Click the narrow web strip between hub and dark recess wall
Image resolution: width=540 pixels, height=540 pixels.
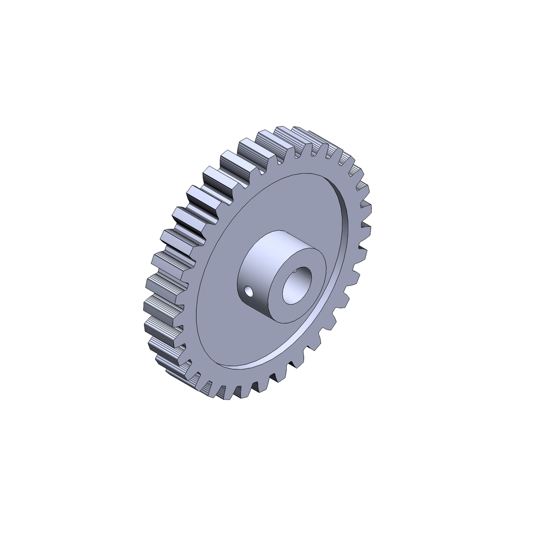(332, 274)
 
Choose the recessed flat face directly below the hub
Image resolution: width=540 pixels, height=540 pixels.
(264, 343)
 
